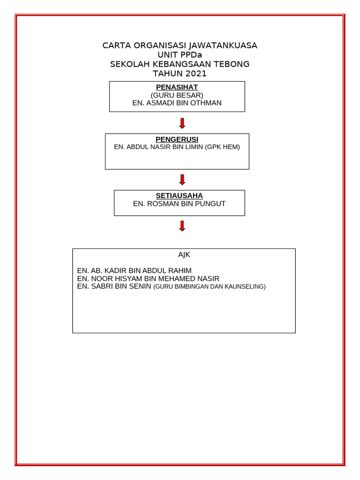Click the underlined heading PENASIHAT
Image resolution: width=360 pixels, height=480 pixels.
pos(177,87)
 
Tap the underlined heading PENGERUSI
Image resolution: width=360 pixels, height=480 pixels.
pos(177,139)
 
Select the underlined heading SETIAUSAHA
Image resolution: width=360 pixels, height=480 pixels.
pos(179,195)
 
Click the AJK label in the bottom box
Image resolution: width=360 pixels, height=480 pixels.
pos(184,255)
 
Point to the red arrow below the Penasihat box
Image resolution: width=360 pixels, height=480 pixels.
pos(182,123)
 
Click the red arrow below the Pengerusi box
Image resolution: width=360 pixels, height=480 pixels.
pos(182,180)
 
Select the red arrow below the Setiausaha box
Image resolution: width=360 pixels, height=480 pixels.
pos(182,226)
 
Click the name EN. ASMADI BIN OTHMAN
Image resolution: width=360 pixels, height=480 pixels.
pos(177,103)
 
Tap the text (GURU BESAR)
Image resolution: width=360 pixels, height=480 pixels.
pos(177,95)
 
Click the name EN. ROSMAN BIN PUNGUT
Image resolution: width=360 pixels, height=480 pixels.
pos(179,203)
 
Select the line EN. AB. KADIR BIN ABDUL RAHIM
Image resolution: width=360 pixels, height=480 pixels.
pos(134,270)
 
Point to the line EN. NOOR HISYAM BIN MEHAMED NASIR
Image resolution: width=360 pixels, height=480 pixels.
pos(148,278)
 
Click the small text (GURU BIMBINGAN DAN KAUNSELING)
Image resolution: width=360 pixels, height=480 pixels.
pos(209,286)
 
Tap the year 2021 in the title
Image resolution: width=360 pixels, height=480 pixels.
pos(196,74)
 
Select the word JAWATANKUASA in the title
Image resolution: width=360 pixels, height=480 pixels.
pos(223,45)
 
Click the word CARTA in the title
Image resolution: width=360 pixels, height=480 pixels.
pos(117,45)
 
